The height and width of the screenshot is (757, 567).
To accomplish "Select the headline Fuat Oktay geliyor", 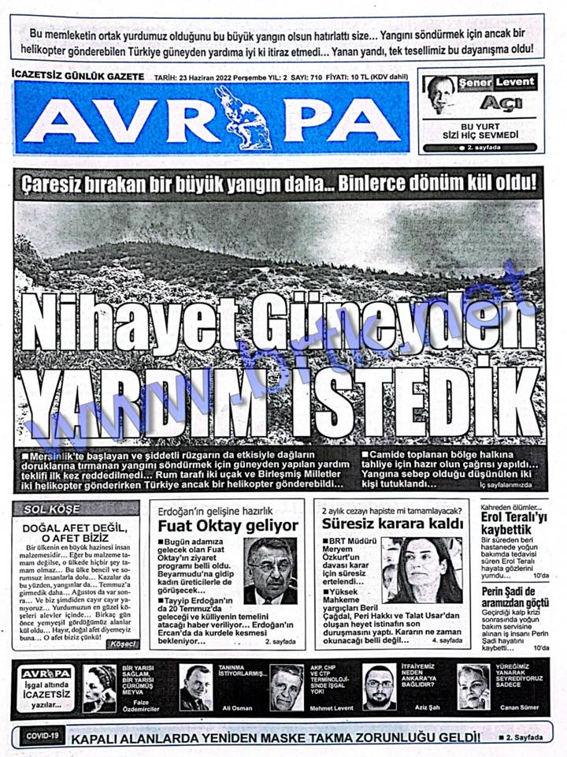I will tap(228, 525).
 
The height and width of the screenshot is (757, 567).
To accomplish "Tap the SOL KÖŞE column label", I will tap(50, 509).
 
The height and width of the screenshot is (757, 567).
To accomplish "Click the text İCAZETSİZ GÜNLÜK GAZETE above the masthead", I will tap(79, 76).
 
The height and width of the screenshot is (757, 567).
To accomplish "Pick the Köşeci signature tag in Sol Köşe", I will tap(124, 644).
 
